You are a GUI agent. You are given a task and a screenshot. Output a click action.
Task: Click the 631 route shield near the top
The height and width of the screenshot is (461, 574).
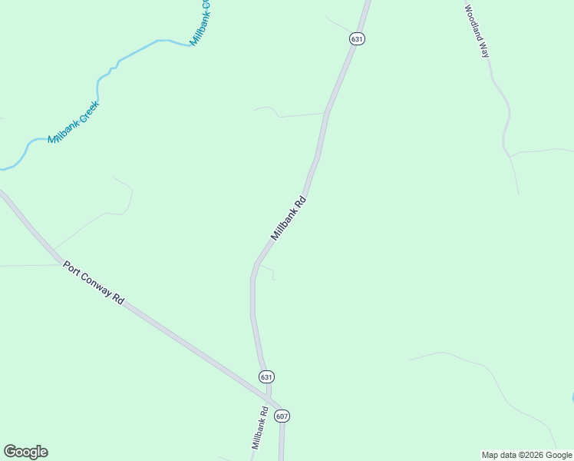(x=356, y=38)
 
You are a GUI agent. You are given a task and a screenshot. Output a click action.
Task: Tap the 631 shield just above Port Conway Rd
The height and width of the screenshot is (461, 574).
(x=266, y=376)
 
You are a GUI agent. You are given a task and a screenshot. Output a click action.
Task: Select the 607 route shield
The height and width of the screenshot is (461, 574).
(x=282, y=416)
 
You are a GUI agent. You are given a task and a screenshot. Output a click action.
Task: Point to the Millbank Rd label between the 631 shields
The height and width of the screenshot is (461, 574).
(x=289, y=218)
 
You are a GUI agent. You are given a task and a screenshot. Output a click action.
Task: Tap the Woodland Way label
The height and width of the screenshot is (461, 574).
(x=477, y=32)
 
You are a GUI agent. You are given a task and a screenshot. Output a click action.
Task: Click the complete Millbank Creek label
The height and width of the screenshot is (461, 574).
(x=74, y=123)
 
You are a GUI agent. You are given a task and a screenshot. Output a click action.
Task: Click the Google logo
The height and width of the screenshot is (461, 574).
(x=25, y=452)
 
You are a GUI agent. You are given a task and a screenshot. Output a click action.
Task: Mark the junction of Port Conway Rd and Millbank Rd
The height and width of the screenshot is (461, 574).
(x=269, y=402)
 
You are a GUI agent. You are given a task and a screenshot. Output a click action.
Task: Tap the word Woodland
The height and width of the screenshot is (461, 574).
(x=473, y=25)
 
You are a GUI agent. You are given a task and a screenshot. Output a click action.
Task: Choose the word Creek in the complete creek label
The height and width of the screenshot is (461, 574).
(x=87, y=114)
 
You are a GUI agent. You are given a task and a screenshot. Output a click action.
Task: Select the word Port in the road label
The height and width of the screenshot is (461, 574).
(x=71, y=269)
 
